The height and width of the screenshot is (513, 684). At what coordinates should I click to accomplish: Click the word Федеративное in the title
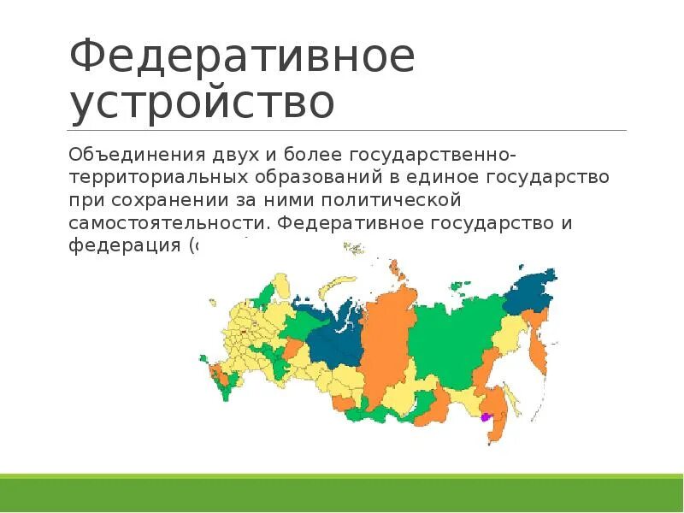242,56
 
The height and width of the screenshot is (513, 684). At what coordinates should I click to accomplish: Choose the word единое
444,177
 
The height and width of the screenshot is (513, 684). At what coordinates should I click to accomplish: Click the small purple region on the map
485,417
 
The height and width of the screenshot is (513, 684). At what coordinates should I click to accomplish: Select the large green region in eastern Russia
449,342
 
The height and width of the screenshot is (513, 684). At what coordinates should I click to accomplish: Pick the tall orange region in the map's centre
385,342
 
